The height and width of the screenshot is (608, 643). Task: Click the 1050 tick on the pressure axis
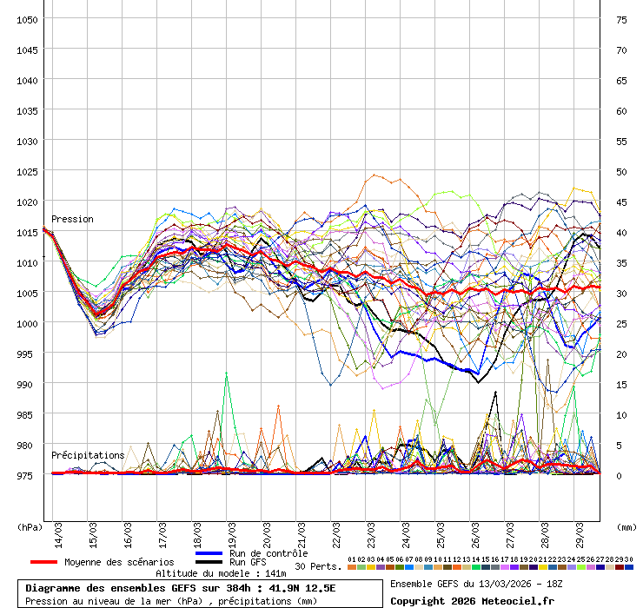coord(26,19)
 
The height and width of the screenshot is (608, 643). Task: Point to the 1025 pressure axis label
coord(26,171)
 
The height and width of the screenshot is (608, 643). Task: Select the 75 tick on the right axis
coord(621,19)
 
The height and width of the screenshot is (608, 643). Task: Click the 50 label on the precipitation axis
coord(621,171)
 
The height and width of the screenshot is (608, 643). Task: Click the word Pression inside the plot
coord(72,219)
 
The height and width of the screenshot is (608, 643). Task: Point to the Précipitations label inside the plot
coord(88,455)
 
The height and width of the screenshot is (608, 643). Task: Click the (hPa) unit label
coord(30,526)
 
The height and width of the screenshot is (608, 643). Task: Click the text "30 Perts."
coord(318,566)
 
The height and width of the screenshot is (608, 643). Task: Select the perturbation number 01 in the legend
coord(351,560)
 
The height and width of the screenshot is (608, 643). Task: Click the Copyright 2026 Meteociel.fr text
coord(472,600)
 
